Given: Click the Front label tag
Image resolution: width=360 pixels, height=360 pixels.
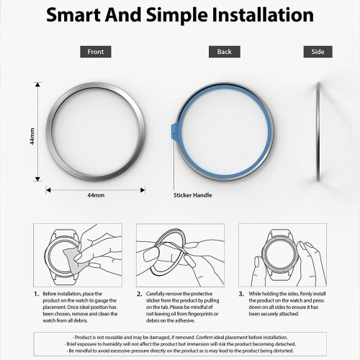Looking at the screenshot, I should point(95,52).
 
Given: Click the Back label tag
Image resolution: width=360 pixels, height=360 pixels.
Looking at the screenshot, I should point(224,52).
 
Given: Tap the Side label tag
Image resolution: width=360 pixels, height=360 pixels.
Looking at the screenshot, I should point(318,52).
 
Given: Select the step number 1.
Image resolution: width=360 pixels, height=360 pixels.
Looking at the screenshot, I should point(36,294).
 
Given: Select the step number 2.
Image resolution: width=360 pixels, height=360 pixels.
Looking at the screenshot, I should point(139,294).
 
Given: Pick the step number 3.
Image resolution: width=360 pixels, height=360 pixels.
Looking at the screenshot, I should point(242,294).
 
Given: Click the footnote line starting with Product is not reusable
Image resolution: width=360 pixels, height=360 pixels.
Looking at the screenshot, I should point(180,337).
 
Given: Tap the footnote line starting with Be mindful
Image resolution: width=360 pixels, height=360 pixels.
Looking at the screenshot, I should point(180,351).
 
